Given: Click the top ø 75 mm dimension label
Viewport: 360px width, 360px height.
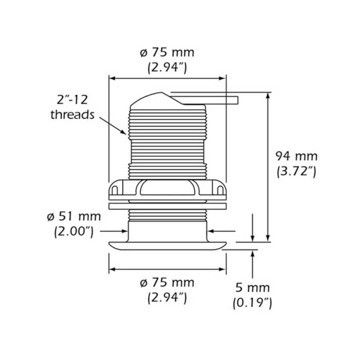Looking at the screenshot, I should click(x=166, y=52).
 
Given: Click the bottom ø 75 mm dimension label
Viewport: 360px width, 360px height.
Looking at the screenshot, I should click(x=166, y=283).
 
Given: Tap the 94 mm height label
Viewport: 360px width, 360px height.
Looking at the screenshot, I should click(x=296, y=157).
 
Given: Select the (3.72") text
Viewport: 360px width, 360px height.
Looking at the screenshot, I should click(x=296, y=171).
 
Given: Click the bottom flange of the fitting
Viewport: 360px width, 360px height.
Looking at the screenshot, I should click(x=166, y=245).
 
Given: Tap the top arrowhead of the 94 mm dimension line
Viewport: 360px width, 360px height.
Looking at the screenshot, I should click(x=269, y=96).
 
